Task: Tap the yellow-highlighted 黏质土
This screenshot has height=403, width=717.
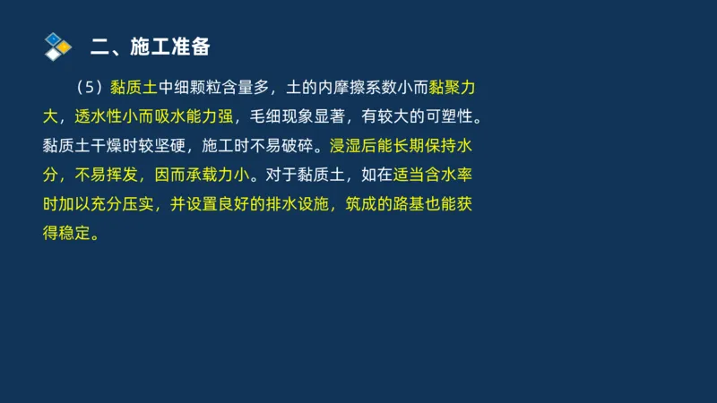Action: [134, 88]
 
